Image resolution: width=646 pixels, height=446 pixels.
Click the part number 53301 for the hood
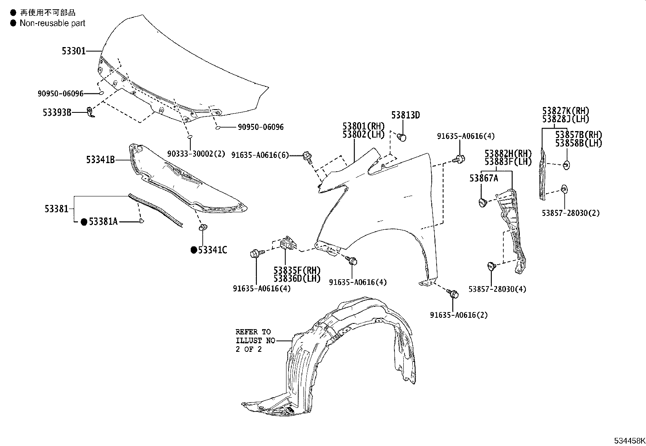[x=73, y=52]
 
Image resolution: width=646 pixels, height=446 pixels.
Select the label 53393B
[x=57, y=112]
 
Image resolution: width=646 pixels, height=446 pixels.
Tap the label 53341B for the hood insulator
[x=100, y=160]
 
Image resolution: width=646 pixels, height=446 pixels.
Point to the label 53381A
[x=103, y=222]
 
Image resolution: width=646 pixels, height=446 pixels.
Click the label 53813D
[x=405, y=115]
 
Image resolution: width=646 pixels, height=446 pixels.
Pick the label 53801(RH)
[x=363, y=126]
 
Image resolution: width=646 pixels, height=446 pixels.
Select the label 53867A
[x=484, y=178]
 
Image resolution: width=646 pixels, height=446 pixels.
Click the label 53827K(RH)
[x=566, y=111]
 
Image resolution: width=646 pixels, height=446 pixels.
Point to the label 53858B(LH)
[x=579, y=143]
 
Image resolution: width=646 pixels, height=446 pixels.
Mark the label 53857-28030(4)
[x=497, y=289]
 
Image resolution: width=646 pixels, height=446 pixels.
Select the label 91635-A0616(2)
[x=459, y=315]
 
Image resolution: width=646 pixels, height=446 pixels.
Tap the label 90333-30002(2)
[x=196, y=154]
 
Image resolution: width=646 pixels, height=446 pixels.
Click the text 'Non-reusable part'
[x=53, y=23]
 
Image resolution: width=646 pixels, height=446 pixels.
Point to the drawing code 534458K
[x=629, y=441]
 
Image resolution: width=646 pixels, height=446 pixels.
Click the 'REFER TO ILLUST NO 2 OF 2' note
[x=254, y=340]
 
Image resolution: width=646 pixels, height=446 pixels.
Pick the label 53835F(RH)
[x=297, y=270]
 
